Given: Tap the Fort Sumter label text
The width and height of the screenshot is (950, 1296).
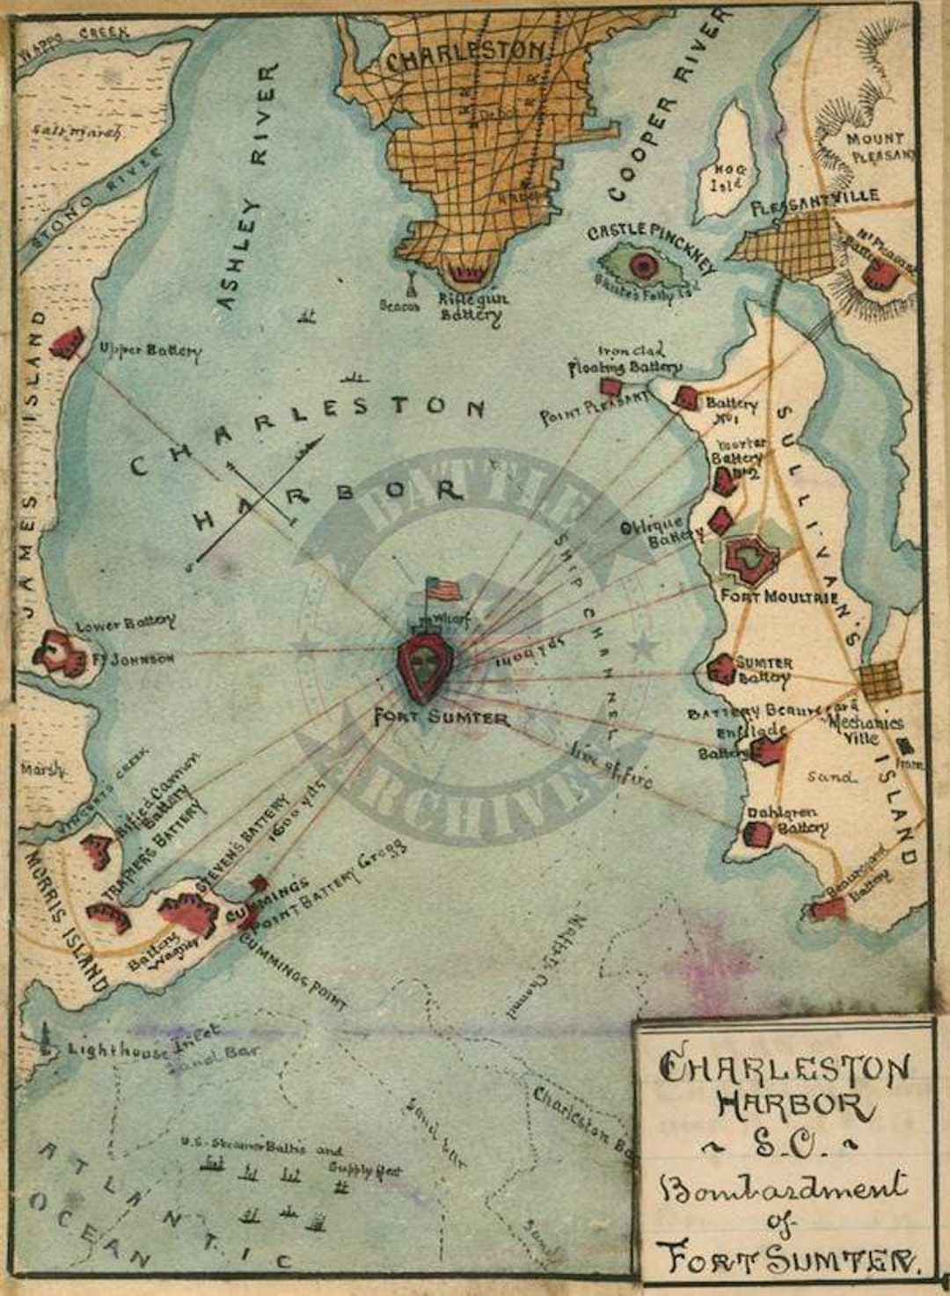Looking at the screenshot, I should point(442,717).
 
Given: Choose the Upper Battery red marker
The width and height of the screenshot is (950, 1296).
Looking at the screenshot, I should point(67,343).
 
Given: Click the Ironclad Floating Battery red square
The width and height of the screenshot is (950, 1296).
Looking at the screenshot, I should point(609,387).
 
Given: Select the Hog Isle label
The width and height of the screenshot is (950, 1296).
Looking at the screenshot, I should point(728,178).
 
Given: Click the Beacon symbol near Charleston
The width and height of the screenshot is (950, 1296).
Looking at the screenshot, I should point(411,284).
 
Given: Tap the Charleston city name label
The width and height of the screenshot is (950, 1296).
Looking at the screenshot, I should point(465,56).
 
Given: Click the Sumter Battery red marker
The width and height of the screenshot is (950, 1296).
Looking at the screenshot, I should point(721,670).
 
